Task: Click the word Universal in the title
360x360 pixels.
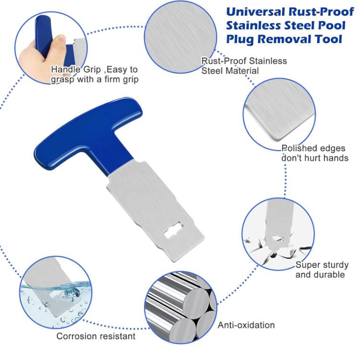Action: tap(256, 12)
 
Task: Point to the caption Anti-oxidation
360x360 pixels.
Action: tap(246, 325)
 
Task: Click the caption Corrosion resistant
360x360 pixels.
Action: tap(96, 336)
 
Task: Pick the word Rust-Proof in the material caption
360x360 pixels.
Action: tap(224, 61)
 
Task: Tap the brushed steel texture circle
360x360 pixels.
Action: tap(180, 37)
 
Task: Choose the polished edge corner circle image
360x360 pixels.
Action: tap(279, 114)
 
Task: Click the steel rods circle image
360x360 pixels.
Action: tap(180, 308)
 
